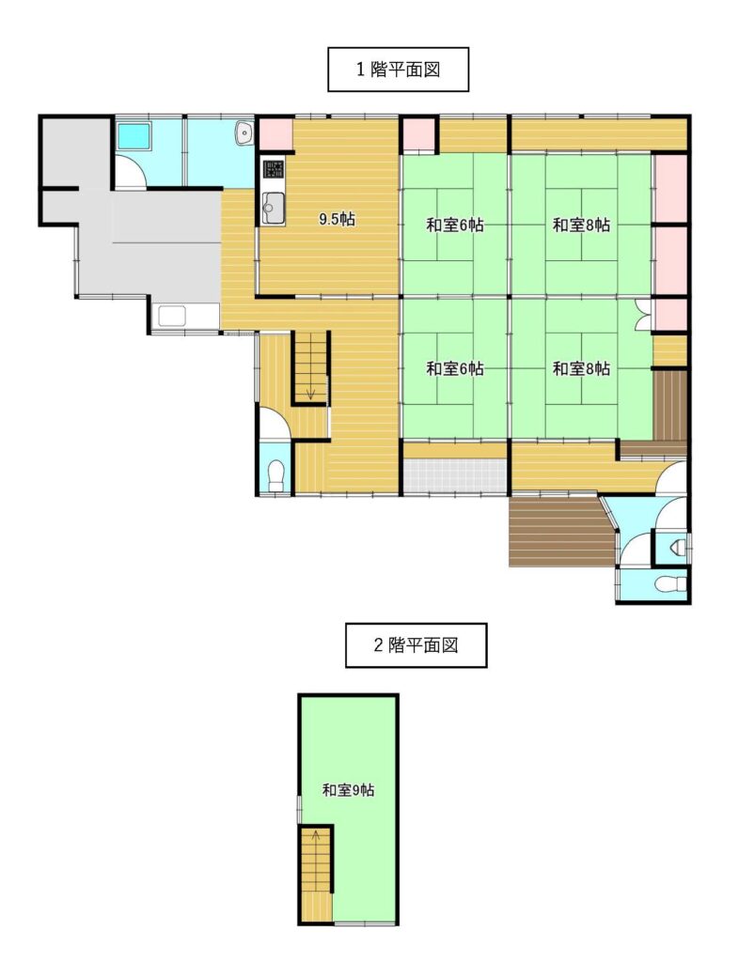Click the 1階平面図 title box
coord(398,70)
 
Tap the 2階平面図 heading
coord(416,645)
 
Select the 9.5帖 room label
coord(337,219)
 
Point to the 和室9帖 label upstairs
coord(348,790)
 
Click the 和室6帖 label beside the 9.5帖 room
coord(455,225)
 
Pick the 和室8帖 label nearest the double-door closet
coord(581,368)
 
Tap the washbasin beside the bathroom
coord(244,133)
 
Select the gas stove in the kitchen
coord(274,169)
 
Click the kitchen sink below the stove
coord(274,209)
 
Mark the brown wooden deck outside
coord(561,531)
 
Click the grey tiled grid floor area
coord(455,474)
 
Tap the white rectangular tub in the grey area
coord(172,317)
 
